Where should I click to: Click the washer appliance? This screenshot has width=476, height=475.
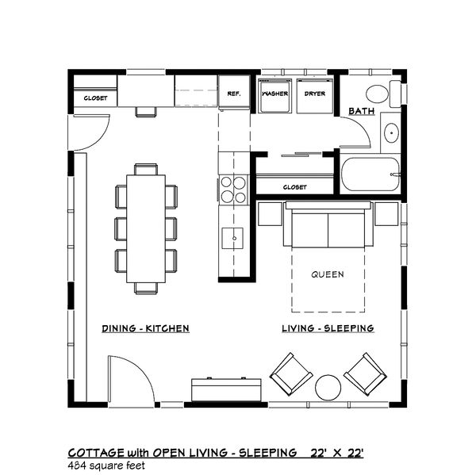click(274, 96)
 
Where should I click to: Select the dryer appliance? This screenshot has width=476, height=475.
click(315, 96)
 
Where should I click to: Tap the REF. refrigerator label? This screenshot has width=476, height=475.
click(234, 94)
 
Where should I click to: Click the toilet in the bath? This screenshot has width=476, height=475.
click(383, 94)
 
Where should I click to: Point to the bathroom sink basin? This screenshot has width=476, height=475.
click(391, 132)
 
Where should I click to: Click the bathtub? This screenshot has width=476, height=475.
click(370, 174)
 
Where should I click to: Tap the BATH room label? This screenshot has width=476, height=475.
click(361, 111)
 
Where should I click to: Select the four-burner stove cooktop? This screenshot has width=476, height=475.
click(233, 190)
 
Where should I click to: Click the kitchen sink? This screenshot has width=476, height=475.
click(232, 238)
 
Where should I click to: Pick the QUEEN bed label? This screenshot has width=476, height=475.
click(328, 274)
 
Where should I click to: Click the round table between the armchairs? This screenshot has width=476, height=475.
click(328, 388)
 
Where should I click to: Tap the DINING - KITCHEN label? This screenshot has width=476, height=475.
click(145, 328)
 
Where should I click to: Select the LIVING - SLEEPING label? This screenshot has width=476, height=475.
click(328, 328)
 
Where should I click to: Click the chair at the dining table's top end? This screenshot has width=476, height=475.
click(146, 169)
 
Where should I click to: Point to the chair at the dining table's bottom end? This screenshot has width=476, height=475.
click(146, 289)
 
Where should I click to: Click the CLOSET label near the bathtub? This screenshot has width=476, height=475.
click(295, 187)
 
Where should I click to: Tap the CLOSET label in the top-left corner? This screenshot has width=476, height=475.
click(95, 98)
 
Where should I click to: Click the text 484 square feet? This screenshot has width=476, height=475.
click(106, 465)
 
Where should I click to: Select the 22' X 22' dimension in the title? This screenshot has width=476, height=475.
click(337, 453)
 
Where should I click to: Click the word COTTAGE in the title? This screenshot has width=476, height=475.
click(96, 453)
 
